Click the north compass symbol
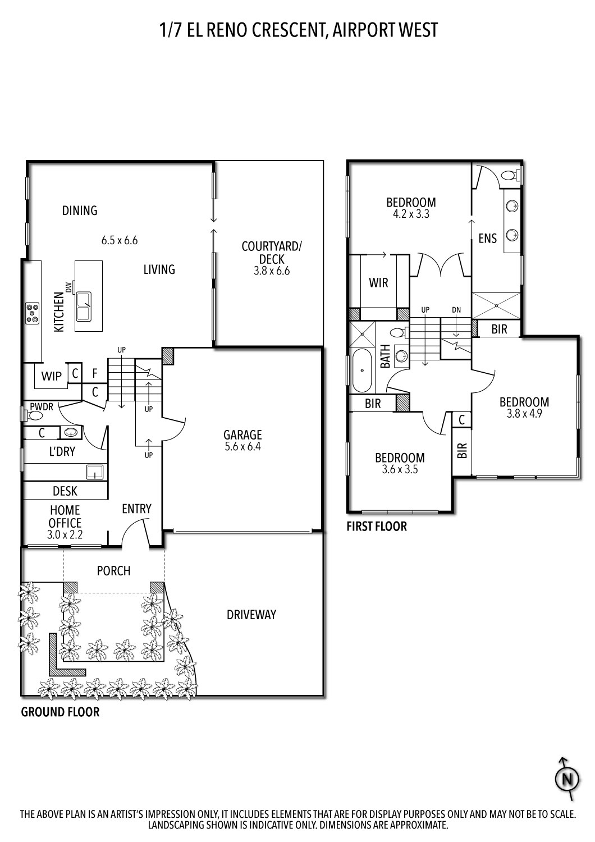(567, 779)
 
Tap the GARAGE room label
(242, 435)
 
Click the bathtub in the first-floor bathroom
(363, 370)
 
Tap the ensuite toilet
(509, 175)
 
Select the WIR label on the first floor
(378, 283)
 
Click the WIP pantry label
(52, 376)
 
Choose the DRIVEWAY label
(251, 615)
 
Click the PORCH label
(113, 571)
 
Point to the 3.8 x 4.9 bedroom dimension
(524, 414)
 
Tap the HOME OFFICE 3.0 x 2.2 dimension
(65, 535)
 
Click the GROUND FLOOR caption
(60, 712)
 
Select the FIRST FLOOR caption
(377, 527)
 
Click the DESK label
(65, 491)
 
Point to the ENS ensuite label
(487, 239)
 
